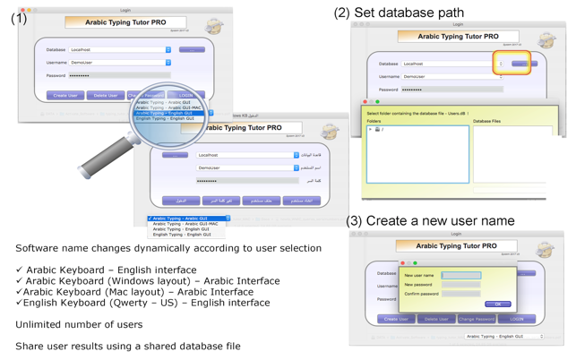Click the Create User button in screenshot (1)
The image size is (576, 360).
click(65, 95)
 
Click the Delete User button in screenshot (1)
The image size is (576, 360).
click(106, 95)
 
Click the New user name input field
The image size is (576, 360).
click(460, 276)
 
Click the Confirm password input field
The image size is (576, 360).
click(460, 294)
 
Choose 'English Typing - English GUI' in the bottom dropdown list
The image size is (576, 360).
click(182, 235)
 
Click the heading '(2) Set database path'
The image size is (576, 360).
click(399, 13)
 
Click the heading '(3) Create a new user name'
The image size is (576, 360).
click(430, 221)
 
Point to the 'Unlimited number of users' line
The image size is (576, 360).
click(79, 325)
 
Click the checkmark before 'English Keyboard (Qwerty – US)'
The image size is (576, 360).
click(19, 303)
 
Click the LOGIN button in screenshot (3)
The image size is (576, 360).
click(517, 319)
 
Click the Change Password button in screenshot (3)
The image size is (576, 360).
click(477, 319)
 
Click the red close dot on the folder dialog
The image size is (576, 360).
click(366, 102)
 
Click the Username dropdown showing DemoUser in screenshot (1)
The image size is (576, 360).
click(120, 63)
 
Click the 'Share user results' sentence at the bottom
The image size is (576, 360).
click(127, 347)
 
